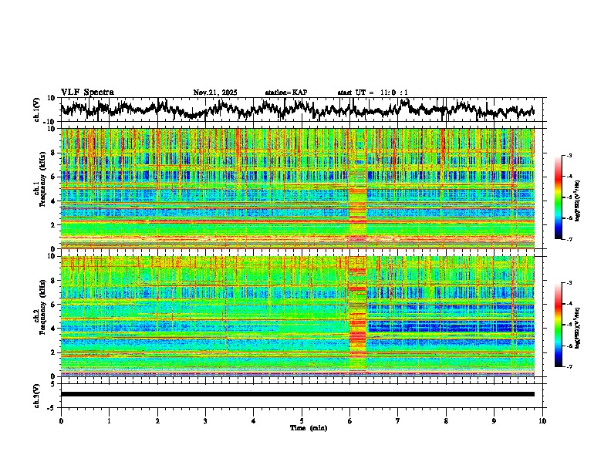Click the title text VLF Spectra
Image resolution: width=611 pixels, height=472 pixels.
(87, 92)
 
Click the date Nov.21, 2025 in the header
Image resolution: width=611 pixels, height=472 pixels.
(215, 93)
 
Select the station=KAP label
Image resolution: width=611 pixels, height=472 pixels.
(285, 93)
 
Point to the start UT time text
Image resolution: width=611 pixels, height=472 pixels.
(373, 93)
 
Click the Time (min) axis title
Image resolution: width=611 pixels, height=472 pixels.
(302, 427)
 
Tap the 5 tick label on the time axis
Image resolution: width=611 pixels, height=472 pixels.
(302, 420)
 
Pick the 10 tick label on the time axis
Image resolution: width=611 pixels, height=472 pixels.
(542, 420)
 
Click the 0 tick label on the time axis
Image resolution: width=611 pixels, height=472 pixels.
(61, 420)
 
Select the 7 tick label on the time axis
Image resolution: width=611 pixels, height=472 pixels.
(398, 420)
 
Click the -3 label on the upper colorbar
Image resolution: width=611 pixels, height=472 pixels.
(569, 156)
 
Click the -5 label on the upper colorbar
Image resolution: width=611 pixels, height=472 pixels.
(569, 197)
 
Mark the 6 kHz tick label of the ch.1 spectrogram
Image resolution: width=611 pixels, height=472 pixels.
(52, 177)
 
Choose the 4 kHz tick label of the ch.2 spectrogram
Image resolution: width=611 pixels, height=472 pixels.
(52, 328)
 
